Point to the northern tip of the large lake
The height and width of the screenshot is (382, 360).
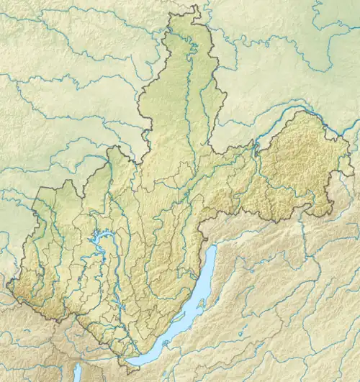click(214, 247)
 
